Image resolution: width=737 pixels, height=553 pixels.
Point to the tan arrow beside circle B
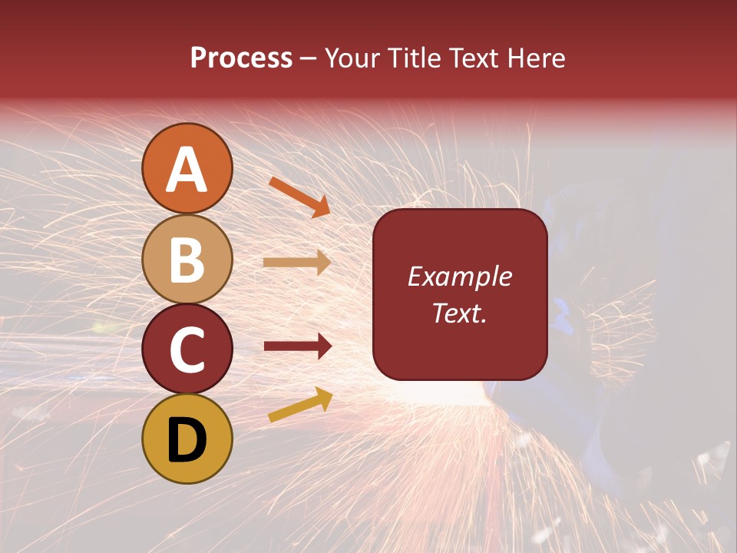(297, 263)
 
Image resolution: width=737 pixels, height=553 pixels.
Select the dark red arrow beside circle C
(297, 346)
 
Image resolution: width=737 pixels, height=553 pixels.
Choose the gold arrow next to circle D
(300, 405)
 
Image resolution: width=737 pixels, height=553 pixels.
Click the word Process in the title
(241, 58)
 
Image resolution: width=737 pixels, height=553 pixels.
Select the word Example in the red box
(460, 276)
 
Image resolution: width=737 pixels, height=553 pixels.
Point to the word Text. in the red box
(460, 313)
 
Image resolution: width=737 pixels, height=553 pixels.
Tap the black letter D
(187, 440)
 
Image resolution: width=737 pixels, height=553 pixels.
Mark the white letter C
(187, 350)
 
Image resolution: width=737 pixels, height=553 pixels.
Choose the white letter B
(187, 260)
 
